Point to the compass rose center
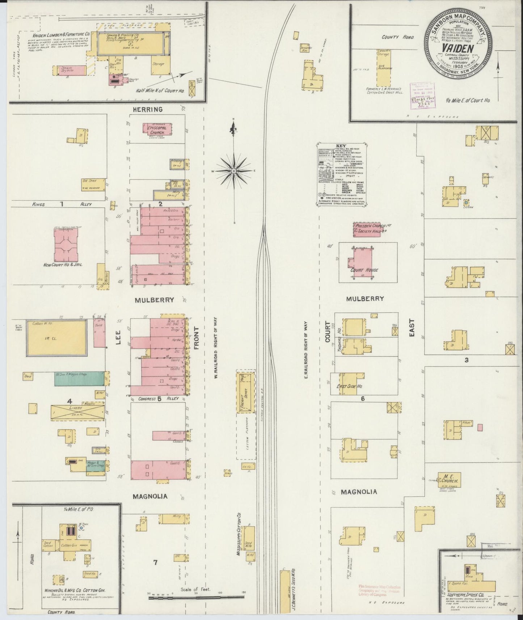coord(234,170)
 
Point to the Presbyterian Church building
coord(367,229)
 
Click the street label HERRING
coord(147,109)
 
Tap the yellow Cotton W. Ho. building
coord(56,337)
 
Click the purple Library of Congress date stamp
coord(422,95)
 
